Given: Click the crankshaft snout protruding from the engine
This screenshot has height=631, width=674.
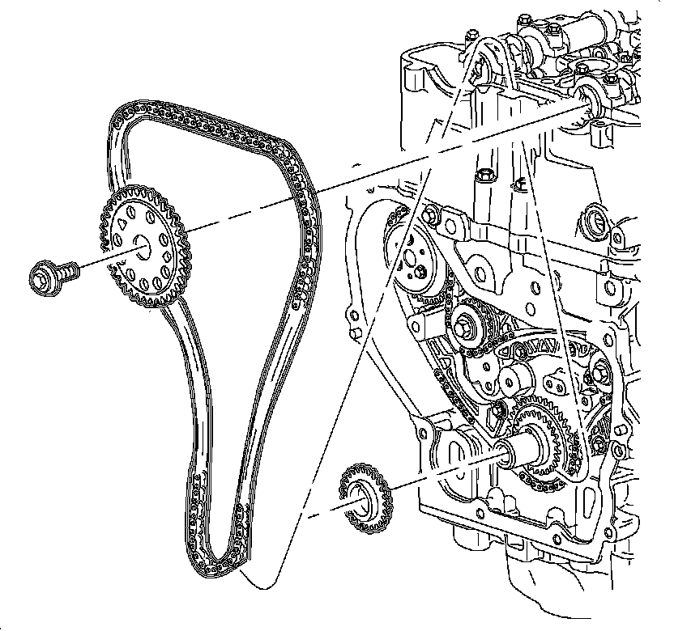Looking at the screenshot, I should [x=519, y=453].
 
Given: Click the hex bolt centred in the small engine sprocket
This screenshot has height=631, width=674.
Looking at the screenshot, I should [x=467, y=327].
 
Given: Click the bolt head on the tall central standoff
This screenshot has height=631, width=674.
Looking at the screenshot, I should [x=485, y=174].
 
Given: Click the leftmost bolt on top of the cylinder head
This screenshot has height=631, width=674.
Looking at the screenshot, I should [x=474, y=37].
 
